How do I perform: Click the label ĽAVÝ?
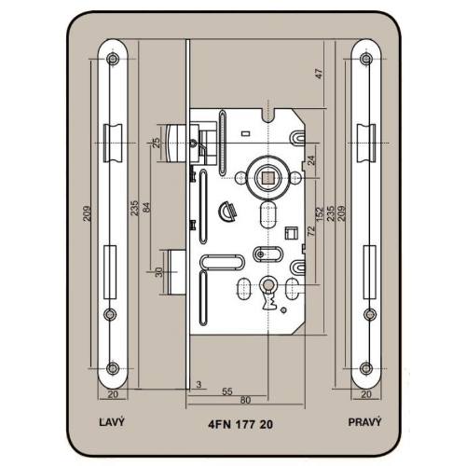112,422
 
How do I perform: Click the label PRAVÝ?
364,422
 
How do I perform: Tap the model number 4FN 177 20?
240,424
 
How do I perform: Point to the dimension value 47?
319,74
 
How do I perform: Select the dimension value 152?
320,214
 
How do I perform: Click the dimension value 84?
146,207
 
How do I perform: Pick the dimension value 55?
227,391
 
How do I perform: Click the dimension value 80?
245,400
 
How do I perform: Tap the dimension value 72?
311,230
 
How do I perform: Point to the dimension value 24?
311,160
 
